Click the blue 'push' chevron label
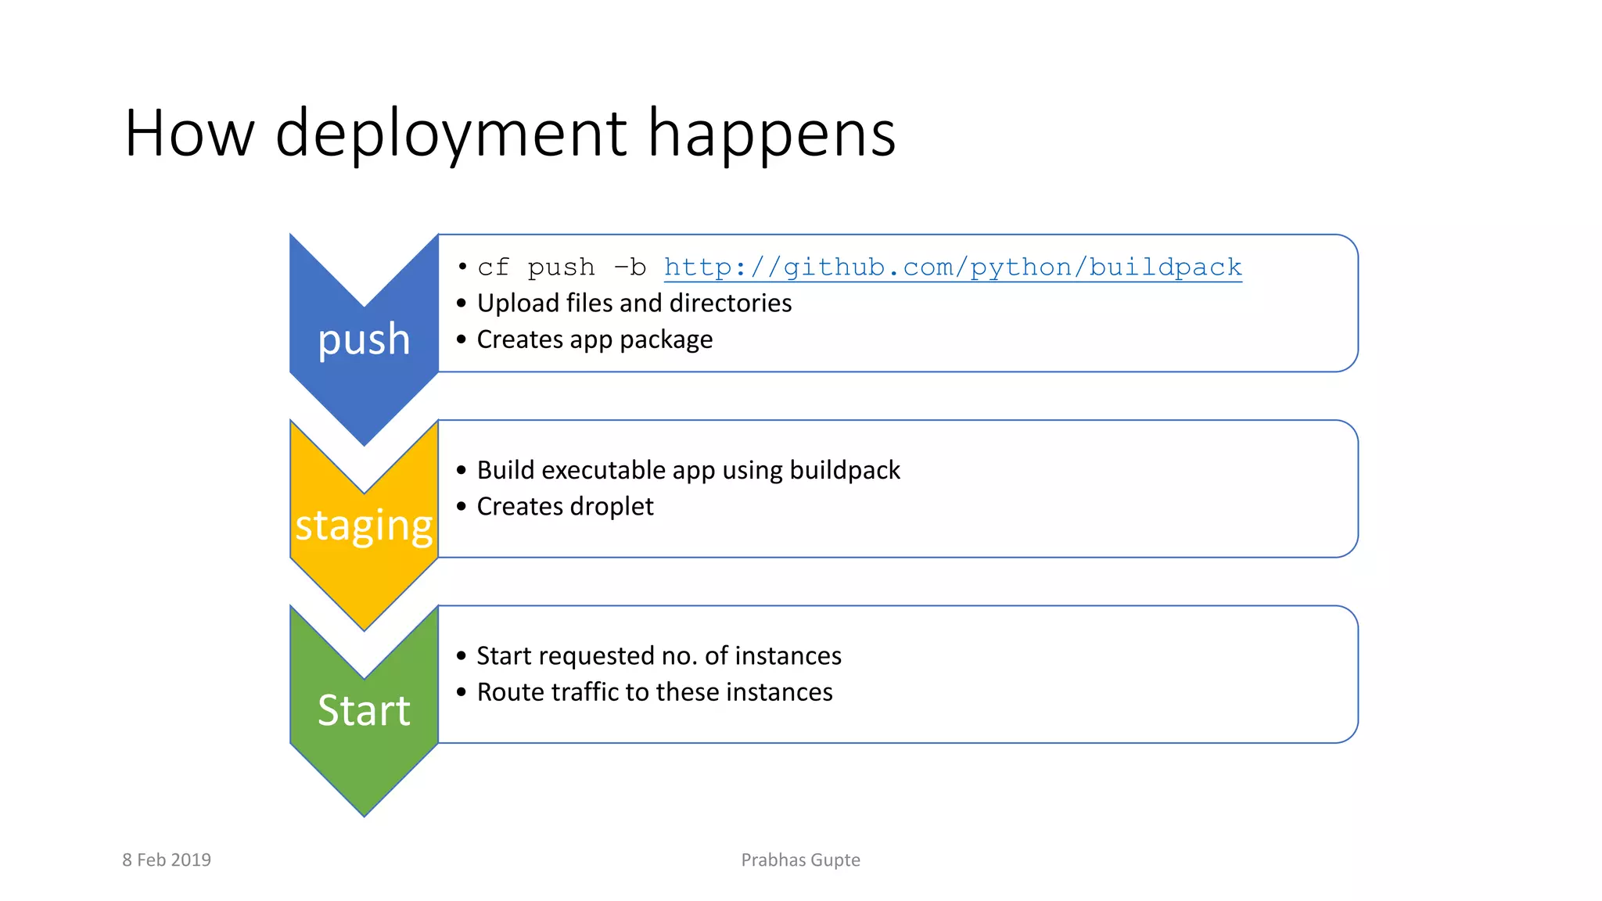364,339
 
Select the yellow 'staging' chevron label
364,525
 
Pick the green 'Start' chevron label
364,710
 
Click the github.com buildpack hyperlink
952,267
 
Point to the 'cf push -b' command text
562,267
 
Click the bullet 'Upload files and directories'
634,303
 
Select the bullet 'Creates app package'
594,339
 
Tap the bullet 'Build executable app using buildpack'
688,470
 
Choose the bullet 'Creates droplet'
565,507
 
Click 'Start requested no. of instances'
659,655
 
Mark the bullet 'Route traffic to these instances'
655,692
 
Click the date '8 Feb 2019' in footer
167,860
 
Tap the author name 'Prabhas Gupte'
800,860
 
